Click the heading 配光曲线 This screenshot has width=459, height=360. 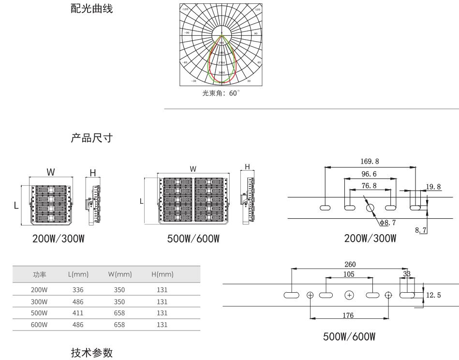click(92, 8)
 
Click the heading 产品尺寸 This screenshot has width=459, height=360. click(92, 138)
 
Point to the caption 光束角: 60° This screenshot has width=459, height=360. click(221, 94)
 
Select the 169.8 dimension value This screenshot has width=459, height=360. click(370, 161)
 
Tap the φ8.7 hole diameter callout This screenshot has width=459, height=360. click(389, 223)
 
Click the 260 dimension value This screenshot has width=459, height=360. click(349, 264)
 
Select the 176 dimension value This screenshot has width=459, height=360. click(348, 315)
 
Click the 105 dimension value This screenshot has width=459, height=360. click(348, 274)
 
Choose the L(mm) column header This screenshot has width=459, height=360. click(78, 274)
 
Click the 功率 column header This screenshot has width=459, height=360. click(39, 274)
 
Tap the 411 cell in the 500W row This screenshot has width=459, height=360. click(77, 313)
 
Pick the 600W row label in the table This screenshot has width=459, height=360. click(39, 325)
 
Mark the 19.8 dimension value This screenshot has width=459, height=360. click(433, 186)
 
